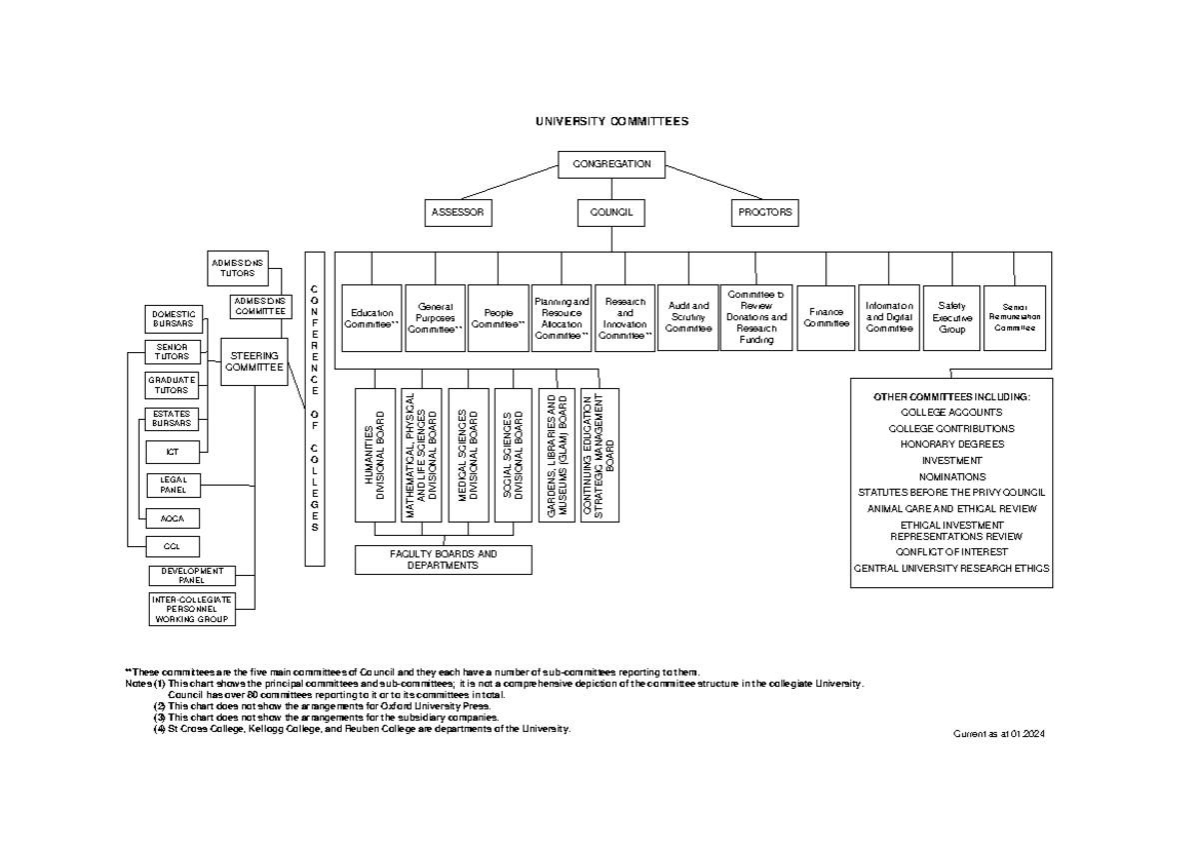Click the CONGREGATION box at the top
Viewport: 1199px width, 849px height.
(x=611, y=164)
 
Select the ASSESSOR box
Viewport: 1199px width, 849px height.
(x=458, y=212)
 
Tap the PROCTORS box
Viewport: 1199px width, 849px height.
(x=764, y=212)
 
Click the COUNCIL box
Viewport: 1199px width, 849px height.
(x=611, y=212)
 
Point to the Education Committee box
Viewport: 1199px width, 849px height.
(x=372, y=318)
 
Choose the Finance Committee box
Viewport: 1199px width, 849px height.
(x=826, y=318)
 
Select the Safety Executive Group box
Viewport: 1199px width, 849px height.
(x=952, y=318)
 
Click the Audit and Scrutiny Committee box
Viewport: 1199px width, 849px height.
(x=688, y=318)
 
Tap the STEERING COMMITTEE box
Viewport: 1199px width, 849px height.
(x=254, y=361)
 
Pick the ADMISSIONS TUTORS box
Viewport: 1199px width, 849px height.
(x=237, y=267)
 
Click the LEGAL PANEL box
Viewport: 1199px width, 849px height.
(x=174, y=486)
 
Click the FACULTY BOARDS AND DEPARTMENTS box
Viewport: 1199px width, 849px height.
(x=444, y=560)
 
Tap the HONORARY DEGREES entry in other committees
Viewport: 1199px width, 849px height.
(x=951, y=444)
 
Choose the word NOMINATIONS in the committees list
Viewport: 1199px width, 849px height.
(x=951, y=477)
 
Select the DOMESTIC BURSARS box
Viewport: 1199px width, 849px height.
(x=174, y=318)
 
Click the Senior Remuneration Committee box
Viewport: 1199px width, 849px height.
(x=1014, y=318)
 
